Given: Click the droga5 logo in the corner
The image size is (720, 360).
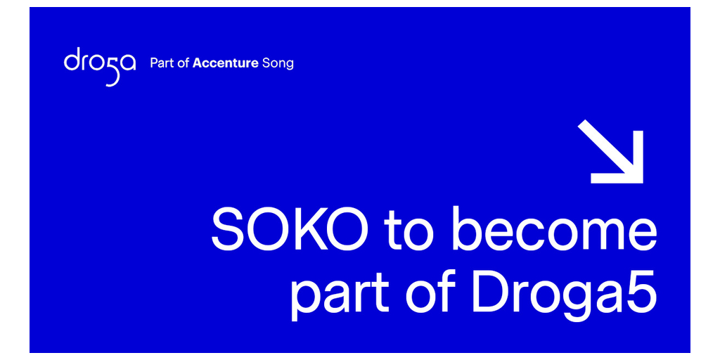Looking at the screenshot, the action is tap(100, 66).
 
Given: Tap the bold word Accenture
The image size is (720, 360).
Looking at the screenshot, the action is tap(225, 63).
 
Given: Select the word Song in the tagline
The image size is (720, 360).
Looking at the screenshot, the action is tap(277, 64).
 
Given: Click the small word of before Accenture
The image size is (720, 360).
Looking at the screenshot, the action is tap(184, 63).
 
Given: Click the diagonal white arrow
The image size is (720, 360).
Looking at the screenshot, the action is tap(610, 151).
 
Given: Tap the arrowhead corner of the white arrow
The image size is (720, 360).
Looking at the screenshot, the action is tap(643, 183).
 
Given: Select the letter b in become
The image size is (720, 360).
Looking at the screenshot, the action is tap(468, 229).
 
